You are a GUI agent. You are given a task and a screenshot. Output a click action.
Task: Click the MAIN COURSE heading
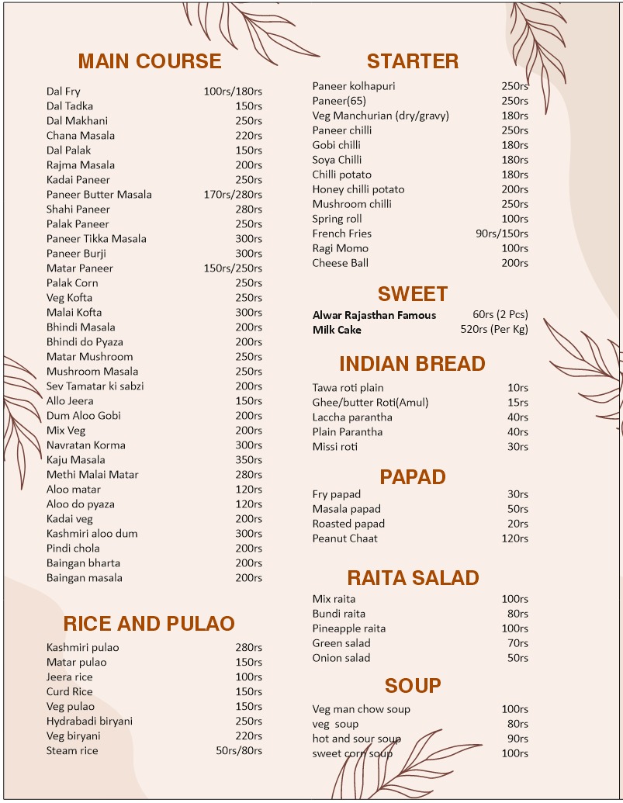tap(150, 61)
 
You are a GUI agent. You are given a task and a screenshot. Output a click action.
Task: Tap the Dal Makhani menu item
tap(77, 121)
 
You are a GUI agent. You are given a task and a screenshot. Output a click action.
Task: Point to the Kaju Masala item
tap(75, 460)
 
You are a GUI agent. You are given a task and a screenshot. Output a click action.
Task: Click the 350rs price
tap(248, 460)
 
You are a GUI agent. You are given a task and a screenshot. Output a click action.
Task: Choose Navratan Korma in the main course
tap(85, 445)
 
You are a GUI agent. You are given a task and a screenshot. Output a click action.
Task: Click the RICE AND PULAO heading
tap(149, 624)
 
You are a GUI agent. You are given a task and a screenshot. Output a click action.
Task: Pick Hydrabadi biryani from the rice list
tap(89, 722)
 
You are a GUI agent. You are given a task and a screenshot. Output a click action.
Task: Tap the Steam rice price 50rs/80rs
tap(239, 751)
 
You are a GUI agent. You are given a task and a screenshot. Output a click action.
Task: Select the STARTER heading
tap(413, 61)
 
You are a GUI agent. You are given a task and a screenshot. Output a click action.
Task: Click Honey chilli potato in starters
tap(358, 189)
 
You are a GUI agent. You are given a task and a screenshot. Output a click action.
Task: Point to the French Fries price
tap(502, 234)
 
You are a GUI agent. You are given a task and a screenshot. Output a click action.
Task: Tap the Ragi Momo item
tap(341, 248)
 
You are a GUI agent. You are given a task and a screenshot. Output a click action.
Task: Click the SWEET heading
tap(413, 294)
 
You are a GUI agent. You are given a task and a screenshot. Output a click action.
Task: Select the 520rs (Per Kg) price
tap(494, 330)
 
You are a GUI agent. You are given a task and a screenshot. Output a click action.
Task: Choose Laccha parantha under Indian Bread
tap(352, 417)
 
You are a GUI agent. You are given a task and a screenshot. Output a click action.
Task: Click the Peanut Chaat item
tap(345, 538)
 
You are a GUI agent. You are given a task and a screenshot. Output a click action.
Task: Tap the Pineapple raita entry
tap(349, 628)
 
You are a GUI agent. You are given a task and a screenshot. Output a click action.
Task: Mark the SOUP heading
tap(413, 686)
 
